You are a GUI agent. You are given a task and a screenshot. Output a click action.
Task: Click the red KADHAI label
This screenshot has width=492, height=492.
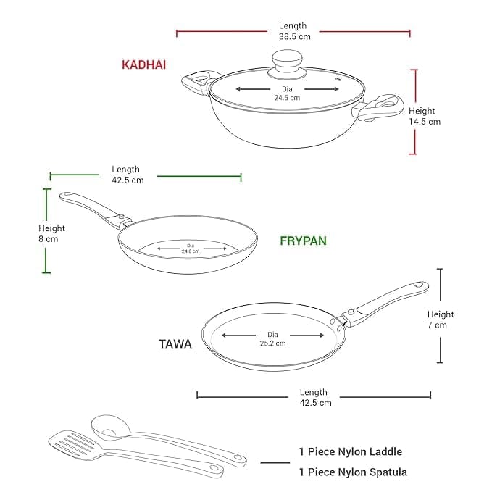143,64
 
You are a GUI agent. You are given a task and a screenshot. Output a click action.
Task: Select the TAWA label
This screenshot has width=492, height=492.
175,344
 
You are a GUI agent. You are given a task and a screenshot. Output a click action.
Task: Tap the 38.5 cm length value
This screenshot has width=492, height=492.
293,36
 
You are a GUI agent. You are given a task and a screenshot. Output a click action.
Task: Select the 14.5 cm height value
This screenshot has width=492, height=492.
424,122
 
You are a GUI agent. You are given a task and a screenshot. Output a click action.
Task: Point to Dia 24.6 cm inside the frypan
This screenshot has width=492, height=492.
191,249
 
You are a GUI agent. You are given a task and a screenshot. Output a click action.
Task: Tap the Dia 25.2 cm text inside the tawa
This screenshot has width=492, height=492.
272,339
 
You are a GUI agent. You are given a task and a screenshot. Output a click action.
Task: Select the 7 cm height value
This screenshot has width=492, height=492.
441,325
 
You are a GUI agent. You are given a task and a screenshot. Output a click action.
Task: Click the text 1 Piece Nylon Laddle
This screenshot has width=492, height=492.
351,451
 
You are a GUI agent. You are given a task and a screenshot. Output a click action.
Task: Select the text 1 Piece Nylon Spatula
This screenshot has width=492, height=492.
353,472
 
